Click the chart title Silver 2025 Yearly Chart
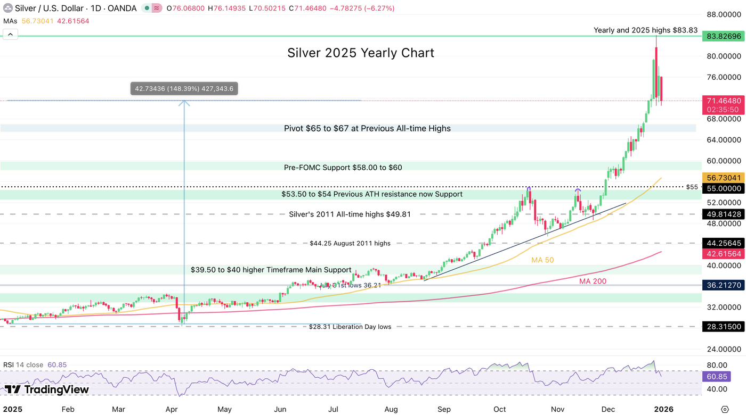(361, 53)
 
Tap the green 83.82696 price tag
(723, 37)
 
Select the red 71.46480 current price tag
(723, 101)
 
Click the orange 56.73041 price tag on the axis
(723, 178)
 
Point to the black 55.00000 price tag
(723, 188)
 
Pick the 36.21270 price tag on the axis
(723, 285)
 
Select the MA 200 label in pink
(593, 281)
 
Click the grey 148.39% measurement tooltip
(184, 89)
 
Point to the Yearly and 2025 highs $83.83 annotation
(645, 30)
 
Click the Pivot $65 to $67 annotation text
(367, 128)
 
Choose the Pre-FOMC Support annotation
(343, 168)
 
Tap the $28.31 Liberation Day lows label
(350, 327)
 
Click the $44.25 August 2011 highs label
(350, 243)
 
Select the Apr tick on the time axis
(172, 409)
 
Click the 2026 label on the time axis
(663, 409)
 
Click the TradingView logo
(46, 389)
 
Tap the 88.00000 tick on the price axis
(723, 15)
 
